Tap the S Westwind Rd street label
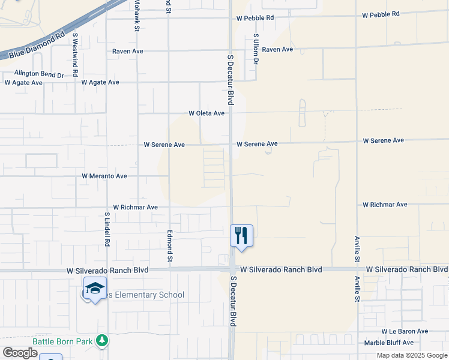(x=75, y=54)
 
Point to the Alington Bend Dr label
(x=39, y=74)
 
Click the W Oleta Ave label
(x=206, y=113)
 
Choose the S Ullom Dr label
(x=256, y=49)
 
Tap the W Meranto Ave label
(x=104, y=176)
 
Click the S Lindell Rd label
(x=107, y=229)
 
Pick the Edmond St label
(x=170, y=246)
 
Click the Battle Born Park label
(x=62, y=341)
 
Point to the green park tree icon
(x=103, y=341)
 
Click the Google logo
(x=20, y=352)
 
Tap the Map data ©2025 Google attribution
(x=411, y=355)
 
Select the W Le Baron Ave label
(x=405, y=331)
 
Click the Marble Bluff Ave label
(x=389, y=343)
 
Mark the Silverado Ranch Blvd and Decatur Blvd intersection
(x=232, y=270)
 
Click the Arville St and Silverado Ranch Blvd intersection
(x=357, y=270)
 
